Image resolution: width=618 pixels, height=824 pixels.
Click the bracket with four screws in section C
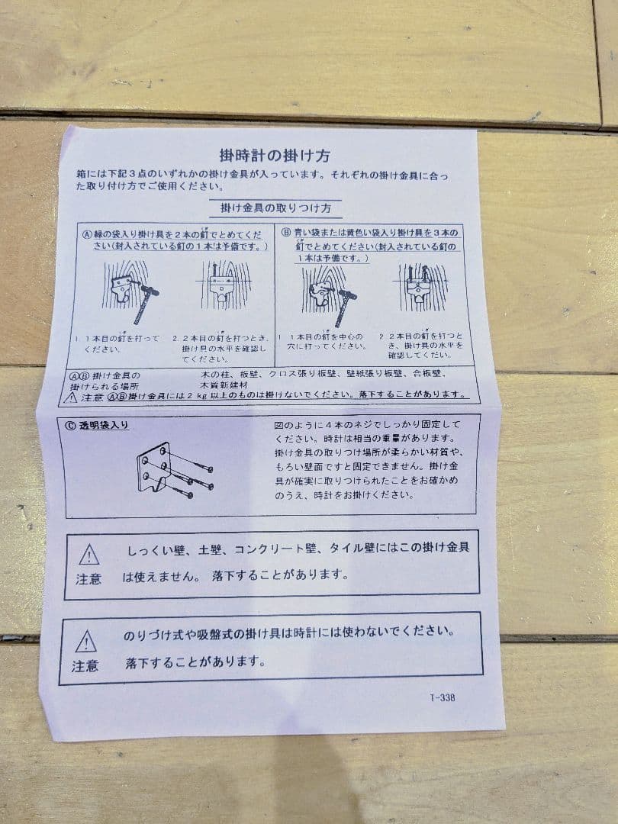(x=169, y=469)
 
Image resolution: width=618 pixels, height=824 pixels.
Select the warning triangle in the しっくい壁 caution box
(x=89, y=553)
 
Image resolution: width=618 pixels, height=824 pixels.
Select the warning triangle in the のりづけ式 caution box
(x=85, y=641)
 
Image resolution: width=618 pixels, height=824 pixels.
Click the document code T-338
(x=443, y=697)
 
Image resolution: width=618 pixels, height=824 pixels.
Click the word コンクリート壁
(x=278, y=549)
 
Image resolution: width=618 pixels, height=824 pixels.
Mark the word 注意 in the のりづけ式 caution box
(x=85, y=666)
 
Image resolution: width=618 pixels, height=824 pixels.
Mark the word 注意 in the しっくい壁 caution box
(x=89, y=578)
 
